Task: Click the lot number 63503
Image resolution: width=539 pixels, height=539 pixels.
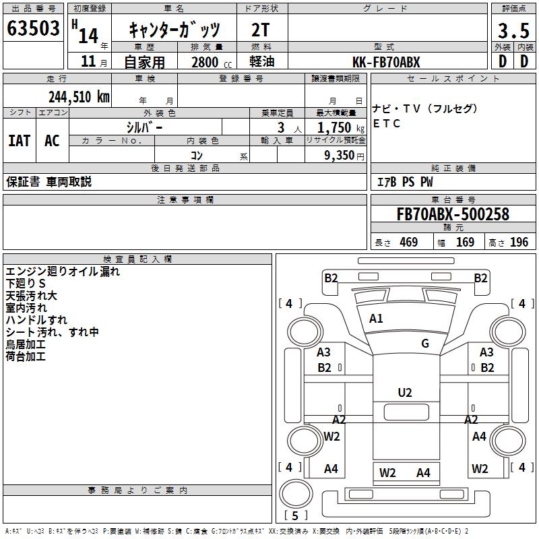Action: click(32, 29)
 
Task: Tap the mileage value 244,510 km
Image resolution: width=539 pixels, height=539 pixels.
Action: click(79, 96)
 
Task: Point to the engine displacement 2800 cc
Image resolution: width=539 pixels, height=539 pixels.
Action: click(208, 62)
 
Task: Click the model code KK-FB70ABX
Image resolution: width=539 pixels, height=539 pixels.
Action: click(387, 62)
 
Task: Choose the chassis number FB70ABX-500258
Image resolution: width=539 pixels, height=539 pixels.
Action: click(453, 215)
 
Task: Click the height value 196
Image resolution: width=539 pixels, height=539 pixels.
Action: click(519, 243)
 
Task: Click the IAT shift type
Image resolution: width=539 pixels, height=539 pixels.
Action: click(19, 141)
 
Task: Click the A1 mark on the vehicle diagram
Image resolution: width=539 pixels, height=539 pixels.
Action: click(376, 319)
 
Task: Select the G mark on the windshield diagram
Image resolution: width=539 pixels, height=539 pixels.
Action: click(425, 343)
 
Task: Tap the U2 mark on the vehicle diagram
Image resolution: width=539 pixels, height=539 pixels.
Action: click(404, 393)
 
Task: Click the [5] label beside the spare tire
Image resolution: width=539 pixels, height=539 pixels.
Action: click(291, 516)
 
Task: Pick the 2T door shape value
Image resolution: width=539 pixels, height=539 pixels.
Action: click(262, 30)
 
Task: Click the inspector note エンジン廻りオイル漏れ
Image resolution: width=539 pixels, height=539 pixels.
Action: click(63, 272)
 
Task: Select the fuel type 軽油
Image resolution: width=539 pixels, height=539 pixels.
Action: click(262, 62)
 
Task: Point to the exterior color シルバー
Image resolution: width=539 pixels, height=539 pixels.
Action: click(144, 127)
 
